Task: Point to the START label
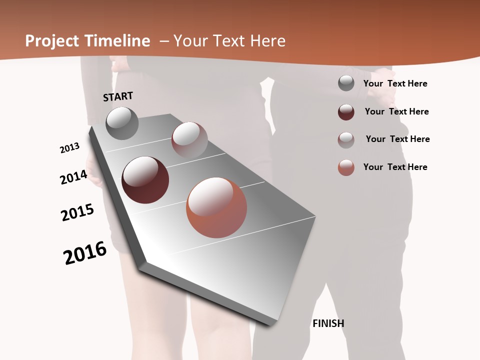pyautogui.click(x=118, y=96)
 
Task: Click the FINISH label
pyautogui.click(x=328, y=323)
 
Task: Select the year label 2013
pyautogui.click(x=70, y=148)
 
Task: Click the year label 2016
pyautogui.click(x=85, y=253)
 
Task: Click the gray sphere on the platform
pyautogui.click(x=122, y=123)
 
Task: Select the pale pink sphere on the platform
pyautogui.click(x=189, y=139)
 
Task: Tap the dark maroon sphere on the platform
pyautogui.click(x=145, y=180)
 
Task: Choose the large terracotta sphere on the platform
pyautogui.click(x=216, y=207)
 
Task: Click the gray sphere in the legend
pyautogui.click(x=346, y=83)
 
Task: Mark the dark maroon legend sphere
pyautogui.click(x=346, y=112)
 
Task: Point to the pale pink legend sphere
pyautogui.click(x=346, y=140)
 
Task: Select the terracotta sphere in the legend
pyautogui.click(x=346, y=167)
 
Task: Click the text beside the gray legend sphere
pyautogui.click(x=395, y=84)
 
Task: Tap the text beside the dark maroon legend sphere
pyautogui.click(x=396, y=111)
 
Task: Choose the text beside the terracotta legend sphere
pyautogui.click(x=395, y=167)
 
